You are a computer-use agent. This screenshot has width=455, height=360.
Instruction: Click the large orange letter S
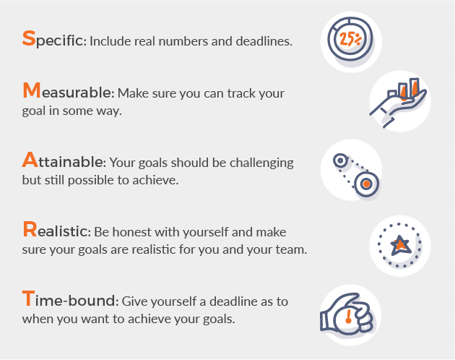29,38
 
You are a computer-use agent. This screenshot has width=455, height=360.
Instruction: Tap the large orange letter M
32,91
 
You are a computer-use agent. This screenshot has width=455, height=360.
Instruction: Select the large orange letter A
30,159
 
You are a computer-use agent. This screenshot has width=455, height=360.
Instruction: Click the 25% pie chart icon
351,40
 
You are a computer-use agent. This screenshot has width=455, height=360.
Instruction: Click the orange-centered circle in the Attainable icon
367,184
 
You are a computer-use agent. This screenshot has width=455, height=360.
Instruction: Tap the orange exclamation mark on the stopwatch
348,316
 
